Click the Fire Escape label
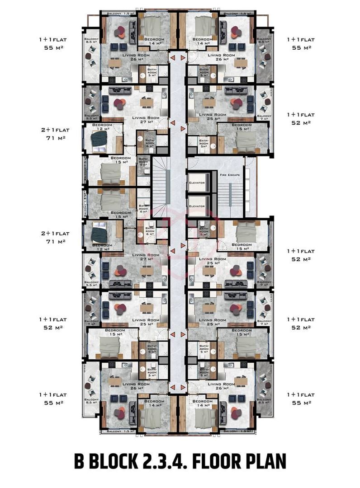point(230,174)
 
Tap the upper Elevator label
point(197,183)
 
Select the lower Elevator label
point(197,206)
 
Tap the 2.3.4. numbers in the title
point(164,462)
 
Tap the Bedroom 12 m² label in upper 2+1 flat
point(102,127)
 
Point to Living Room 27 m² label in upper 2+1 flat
point(145,119)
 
